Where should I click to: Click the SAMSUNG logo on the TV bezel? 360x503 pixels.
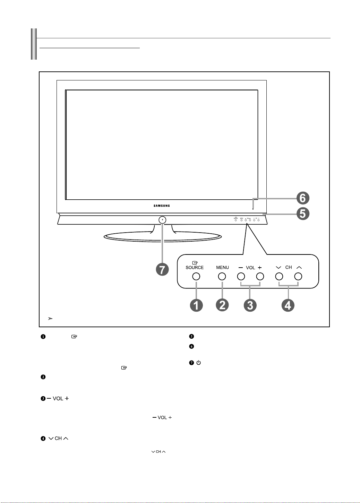pos(162,206)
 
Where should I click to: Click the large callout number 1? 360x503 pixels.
pos(196,305)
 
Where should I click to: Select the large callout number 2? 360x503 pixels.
pos(222,305)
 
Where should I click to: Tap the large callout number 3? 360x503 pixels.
pos(250,305)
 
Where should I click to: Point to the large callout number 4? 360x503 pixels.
pos(288,305)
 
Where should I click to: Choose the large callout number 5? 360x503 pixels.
pos(303,214)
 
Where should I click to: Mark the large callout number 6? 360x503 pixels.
pos(303,198)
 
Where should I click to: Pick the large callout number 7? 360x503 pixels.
pos(162,269)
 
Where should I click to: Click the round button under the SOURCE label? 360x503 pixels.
pos(196,276)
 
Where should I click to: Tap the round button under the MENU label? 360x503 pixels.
pos(222,276)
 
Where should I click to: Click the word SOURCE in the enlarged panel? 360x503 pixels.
pos(195,268)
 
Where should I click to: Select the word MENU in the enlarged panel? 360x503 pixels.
pos(222,268)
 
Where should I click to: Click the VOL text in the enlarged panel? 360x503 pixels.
pos(250,268)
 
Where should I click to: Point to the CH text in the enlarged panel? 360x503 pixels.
pos(289,267)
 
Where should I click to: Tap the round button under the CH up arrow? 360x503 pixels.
pos(298,276)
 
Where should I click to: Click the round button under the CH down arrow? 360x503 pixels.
pos(279,276)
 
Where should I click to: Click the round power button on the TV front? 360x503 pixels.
pos(162,220)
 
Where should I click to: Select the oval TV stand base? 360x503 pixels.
pos(163,237)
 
